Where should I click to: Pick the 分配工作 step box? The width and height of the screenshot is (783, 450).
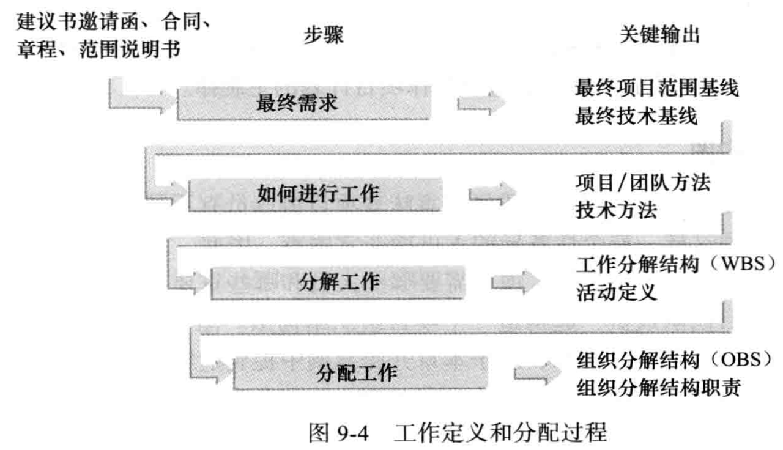[x=358, y=372]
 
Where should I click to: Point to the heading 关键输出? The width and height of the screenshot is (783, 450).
[x=659, y=36]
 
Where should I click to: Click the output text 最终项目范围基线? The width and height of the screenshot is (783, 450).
[x=657, y=89]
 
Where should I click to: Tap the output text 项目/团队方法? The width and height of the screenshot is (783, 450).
[x=642, y=183]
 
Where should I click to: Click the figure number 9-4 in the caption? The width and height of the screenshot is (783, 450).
[x=354, y=433]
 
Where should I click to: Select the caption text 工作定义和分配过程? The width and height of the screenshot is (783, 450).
[x=500, y=433]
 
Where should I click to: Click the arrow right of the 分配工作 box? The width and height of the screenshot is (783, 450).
[x=538, y=372]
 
